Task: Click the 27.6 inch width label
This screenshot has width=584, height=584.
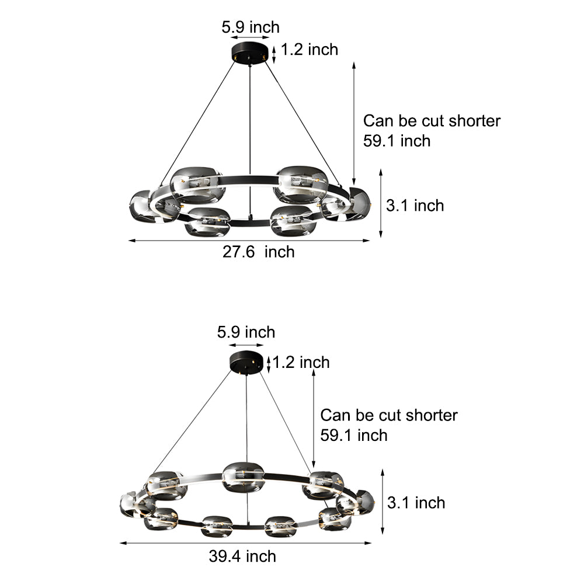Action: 259,252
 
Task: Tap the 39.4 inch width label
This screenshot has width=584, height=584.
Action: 242,557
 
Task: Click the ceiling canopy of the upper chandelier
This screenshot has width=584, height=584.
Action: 250,53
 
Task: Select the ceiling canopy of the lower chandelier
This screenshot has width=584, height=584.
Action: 246,361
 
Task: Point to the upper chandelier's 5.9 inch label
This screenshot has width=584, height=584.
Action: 251,27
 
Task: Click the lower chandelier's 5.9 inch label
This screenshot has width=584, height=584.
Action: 246,332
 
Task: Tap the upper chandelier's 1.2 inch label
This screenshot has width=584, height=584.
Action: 310,50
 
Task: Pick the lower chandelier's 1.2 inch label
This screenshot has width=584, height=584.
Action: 301,363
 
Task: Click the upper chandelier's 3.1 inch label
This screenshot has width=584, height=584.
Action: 415,206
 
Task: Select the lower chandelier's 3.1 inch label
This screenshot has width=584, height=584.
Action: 416,503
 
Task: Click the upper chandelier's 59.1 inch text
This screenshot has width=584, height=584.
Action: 397,141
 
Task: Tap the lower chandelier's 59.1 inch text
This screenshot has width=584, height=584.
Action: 354,436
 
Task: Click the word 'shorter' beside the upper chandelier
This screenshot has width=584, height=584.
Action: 474,121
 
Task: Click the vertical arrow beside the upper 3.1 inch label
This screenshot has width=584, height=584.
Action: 381,203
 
